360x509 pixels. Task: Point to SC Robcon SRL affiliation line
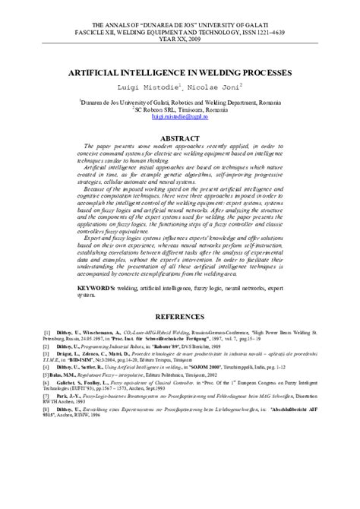pos(180,109)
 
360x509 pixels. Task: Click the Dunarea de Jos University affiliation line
pos(180,100)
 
